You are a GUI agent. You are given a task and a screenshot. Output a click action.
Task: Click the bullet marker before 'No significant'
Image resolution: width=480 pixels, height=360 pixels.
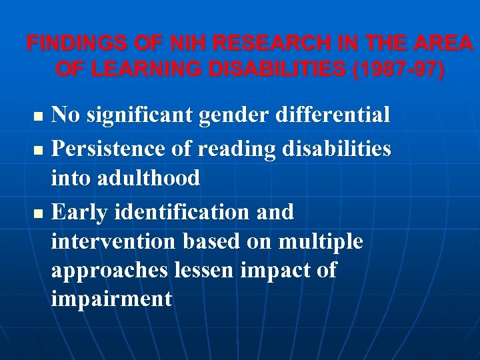38,117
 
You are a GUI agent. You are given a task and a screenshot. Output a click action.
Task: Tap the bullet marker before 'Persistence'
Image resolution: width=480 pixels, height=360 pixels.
38,149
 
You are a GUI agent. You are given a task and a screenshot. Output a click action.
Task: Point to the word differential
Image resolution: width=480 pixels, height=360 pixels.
336,115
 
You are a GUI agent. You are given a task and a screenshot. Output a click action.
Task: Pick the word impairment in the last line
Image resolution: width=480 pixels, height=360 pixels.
111,299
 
